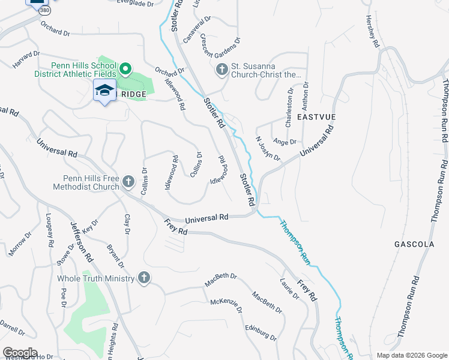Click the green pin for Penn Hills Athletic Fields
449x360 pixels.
click(x=125, y=69)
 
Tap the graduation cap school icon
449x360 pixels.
click(x=104, y=90)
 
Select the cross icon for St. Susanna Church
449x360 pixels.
click(x=221, y=70)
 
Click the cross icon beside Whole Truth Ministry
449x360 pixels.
click(x=143, y=278)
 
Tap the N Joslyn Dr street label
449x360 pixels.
click(x=268, y=148)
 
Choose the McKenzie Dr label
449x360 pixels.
click(x=226, y=305)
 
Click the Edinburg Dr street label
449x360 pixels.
click(x=261, y=333)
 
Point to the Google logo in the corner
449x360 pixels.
click(x=20, y=352)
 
